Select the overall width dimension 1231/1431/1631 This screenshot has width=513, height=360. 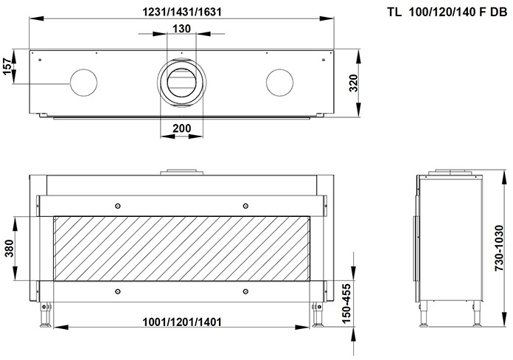[181, 10]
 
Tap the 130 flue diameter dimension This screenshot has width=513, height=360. [181, 28]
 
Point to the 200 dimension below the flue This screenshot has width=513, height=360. [181, 128]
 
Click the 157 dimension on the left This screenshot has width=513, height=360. [8, 68]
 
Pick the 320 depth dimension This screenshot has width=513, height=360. [355, 83]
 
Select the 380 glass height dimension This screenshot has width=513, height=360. [8, 249]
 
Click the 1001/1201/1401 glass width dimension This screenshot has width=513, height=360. [181, 322]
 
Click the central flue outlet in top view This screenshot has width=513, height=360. [181, 82]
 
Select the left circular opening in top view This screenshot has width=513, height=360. [83, 83]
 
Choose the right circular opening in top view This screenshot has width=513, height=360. [280, 82]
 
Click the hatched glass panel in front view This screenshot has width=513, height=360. [181, 249]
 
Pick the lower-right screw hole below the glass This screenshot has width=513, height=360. [245, 292]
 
